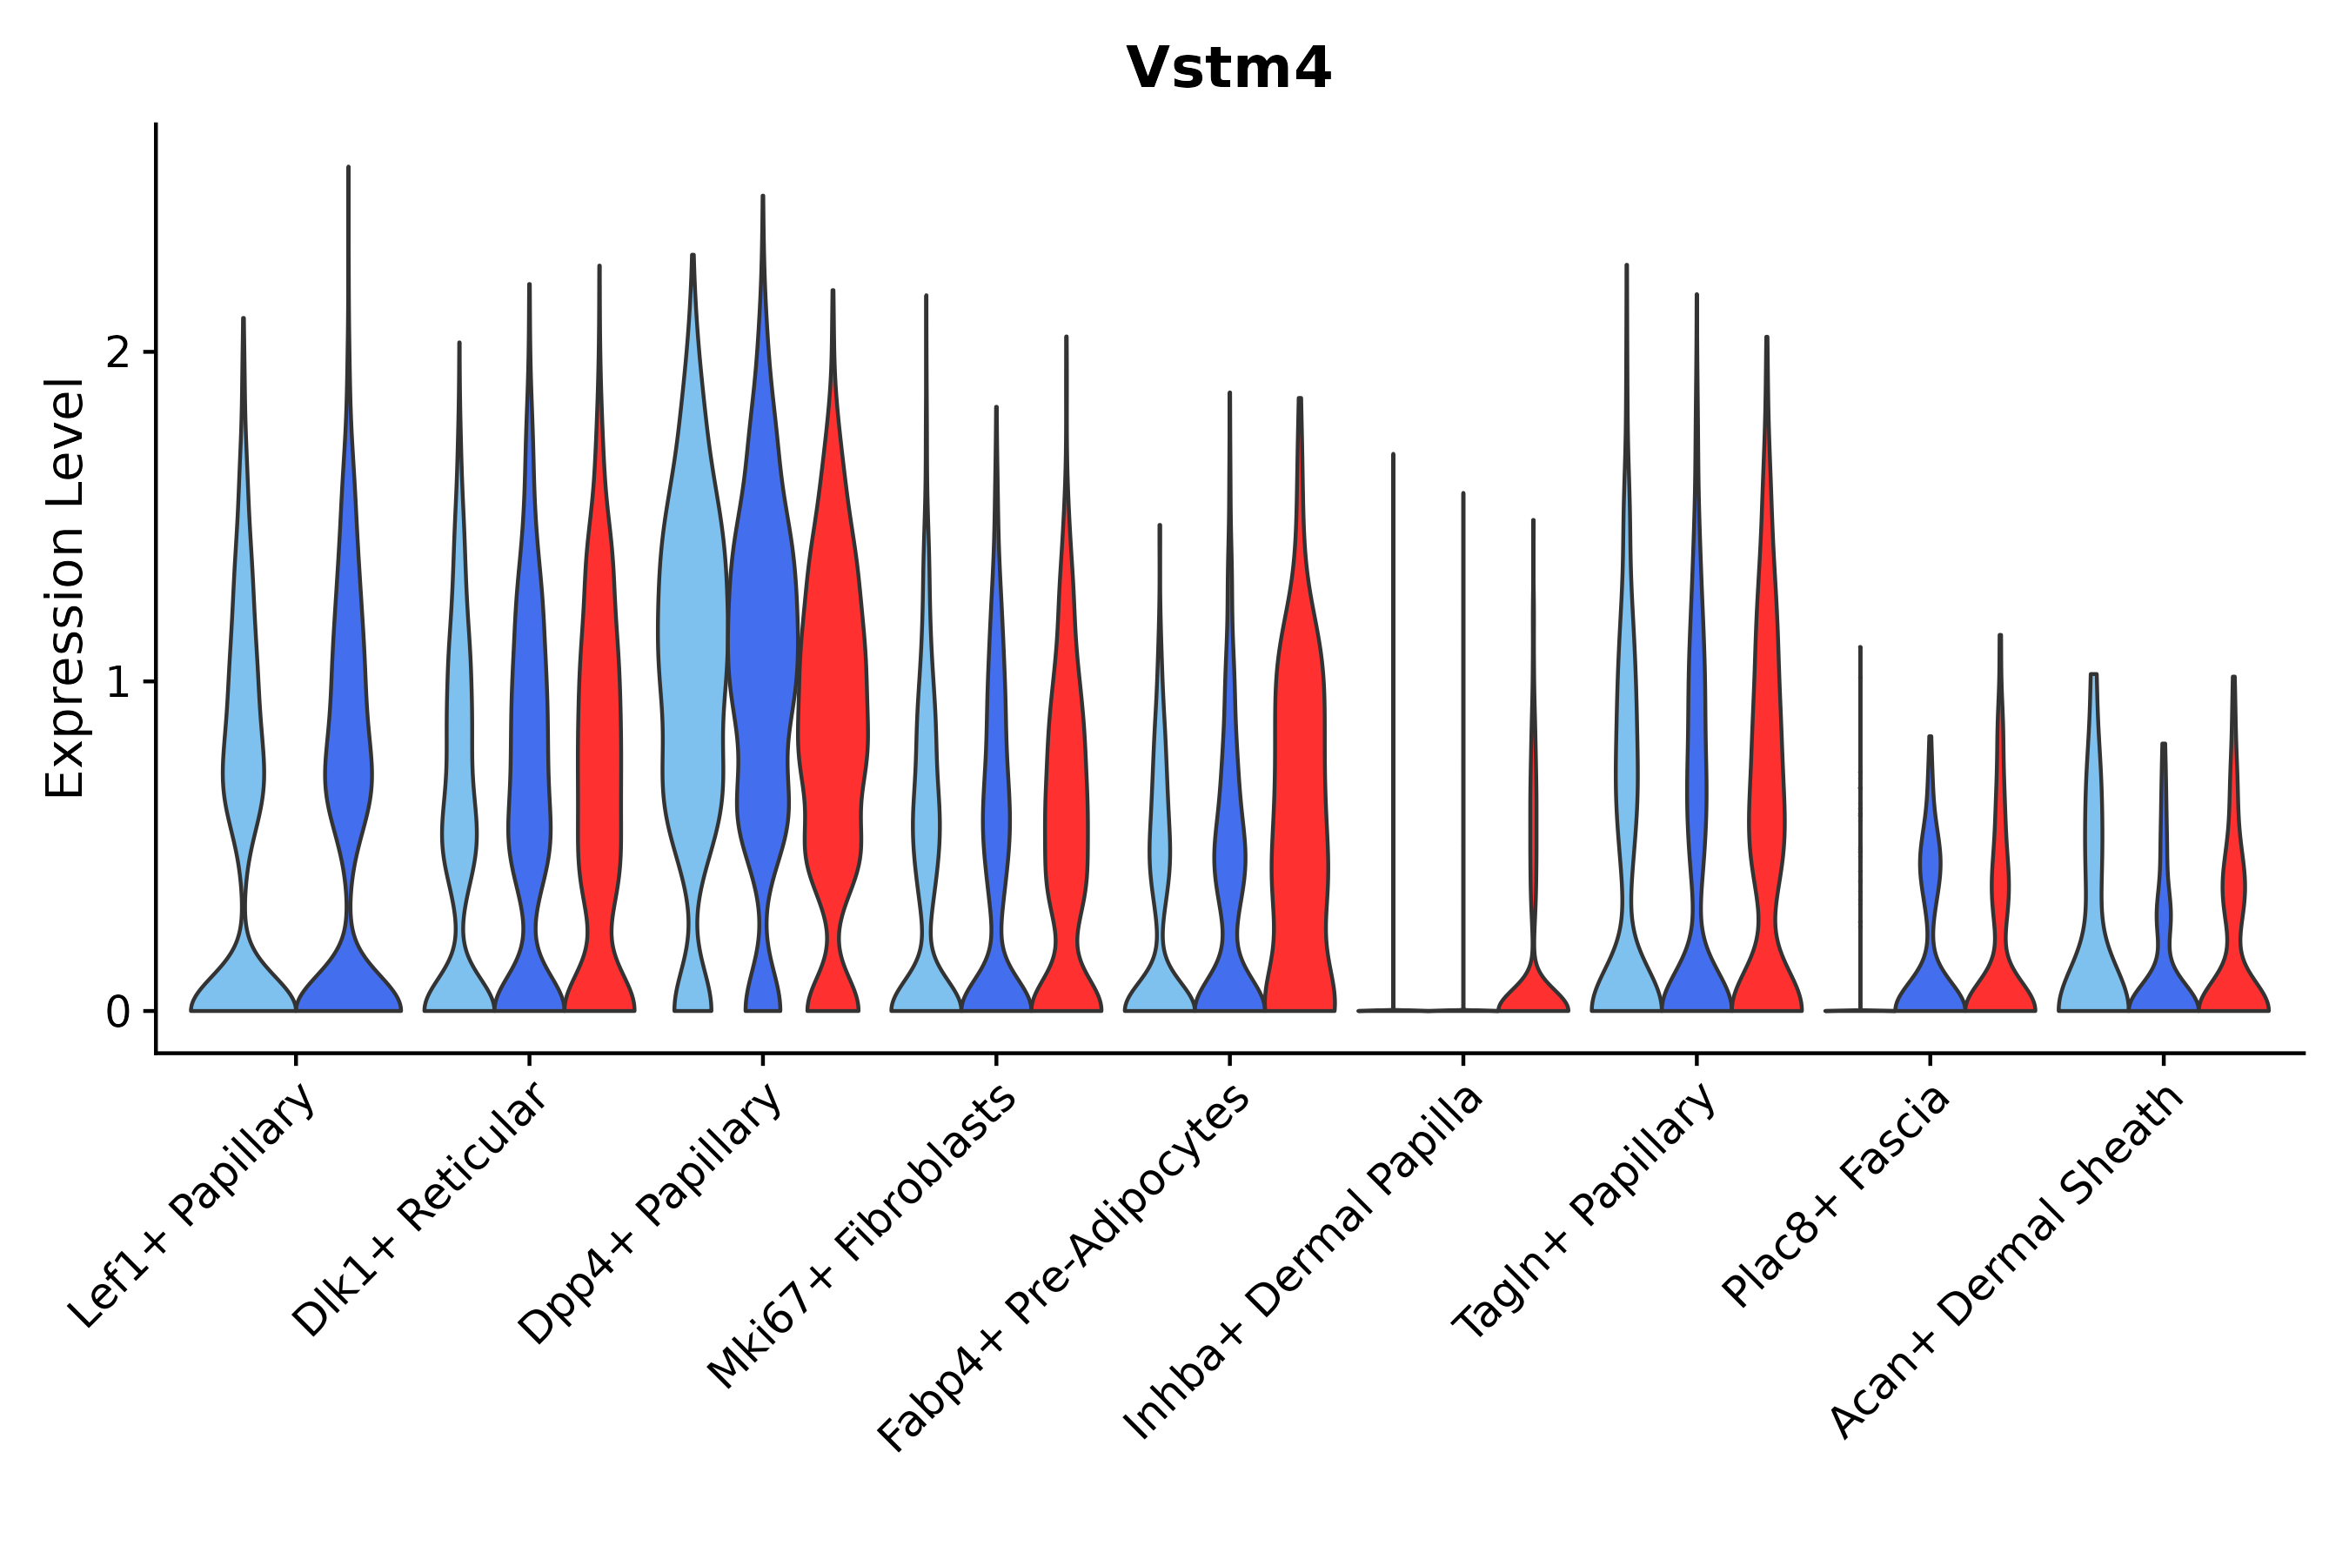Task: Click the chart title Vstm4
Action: [x=1228, y=69]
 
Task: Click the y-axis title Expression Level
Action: [x=65, y=588]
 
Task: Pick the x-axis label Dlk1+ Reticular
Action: [x=419, y=1209]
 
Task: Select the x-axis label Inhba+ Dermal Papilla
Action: [x=1303, y=1263]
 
